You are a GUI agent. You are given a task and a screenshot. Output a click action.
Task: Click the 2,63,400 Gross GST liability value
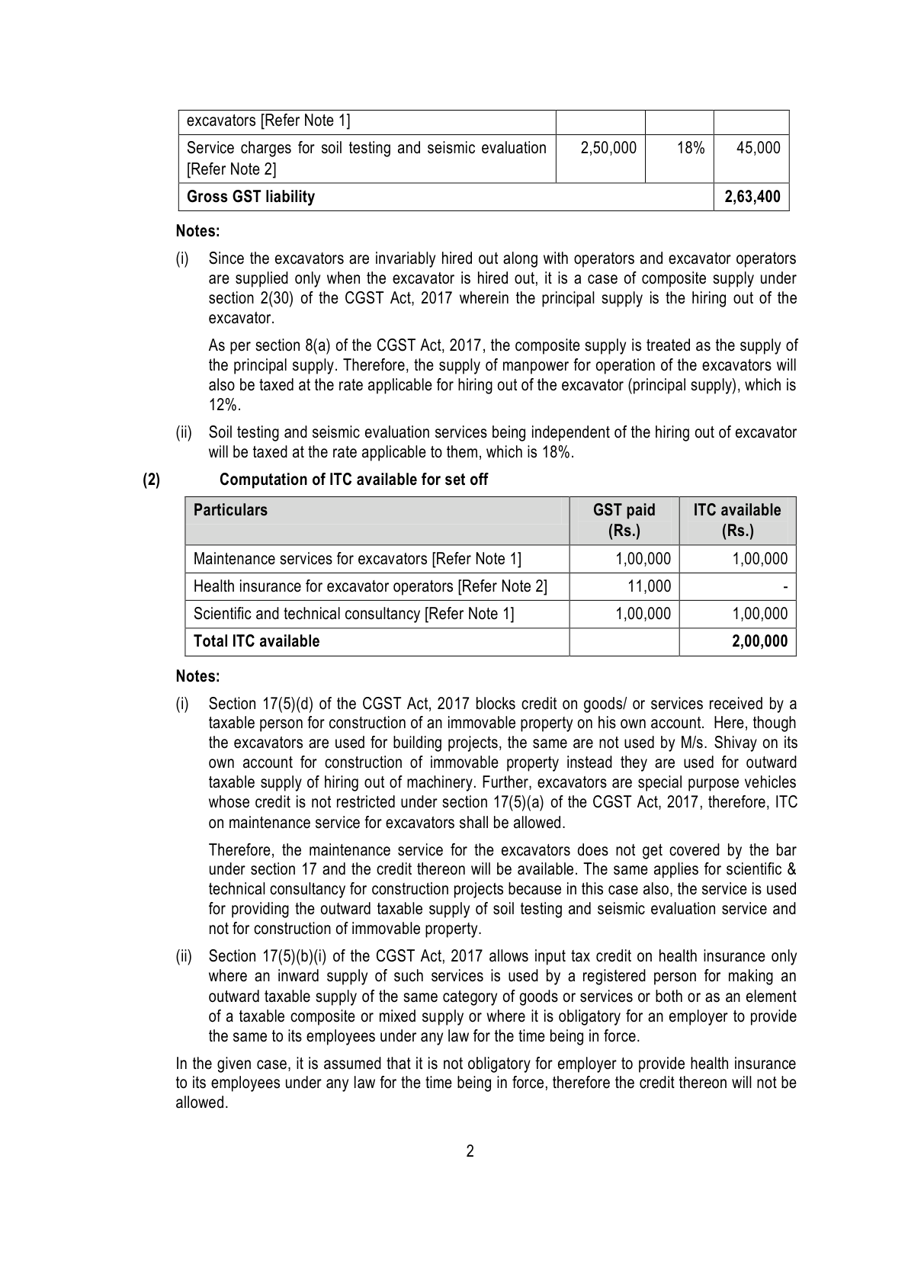[x=752, y=197]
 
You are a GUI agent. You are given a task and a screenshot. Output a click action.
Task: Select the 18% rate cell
[x=690, y=148]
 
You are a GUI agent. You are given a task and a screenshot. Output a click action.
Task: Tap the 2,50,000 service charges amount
[x=608, y=148]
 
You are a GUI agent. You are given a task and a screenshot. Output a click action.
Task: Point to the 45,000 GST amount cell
[x=758, y=148]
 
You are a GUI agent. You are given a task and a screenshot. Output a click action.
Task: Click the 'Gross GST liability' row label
[x=250, y=197]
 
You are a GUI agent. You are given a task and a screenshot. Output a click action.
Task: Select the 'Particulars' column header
[x=230, y=510]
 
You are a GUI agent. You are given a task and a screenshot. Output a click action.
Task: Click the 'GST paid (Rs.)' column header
[x=624, y=520]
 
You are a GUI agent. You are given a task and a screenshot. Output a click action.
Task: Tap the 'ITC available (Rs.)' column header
[x=736, y=520]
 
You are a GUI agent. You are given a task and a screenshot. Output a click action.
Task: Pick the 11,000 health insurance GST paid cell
[x=650, y=586]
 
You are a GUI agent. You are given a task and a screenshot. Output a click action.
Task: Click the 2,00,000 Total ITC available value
[x=759, y=641]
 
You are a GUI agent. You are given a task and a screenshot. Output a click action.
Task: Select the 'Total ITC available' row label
[x=256, y=641]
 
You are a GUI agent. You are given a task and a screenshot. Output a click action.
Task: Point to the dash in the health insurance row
[x=784, y=587]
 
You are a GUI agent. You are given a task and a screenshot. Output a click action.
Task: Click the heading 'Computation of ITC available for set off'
[x=354, y=480]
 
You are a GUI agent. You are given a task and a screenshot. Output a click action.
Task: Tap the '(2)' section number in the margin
[x=152, y=480]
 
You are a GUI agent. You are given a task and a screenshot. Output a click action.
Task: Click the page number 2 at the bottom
[x=470, y=1151]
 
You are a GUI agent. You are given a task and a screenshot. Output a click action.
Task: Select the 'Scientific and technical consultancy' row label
[x=354, y=614]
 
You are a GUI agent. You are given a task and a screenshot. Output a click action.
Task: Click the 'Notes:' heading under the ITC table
[x=197, y=676]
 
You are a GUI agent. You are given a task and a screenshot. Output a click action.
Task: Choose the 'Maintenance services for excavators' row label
[x=358, y=559]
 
